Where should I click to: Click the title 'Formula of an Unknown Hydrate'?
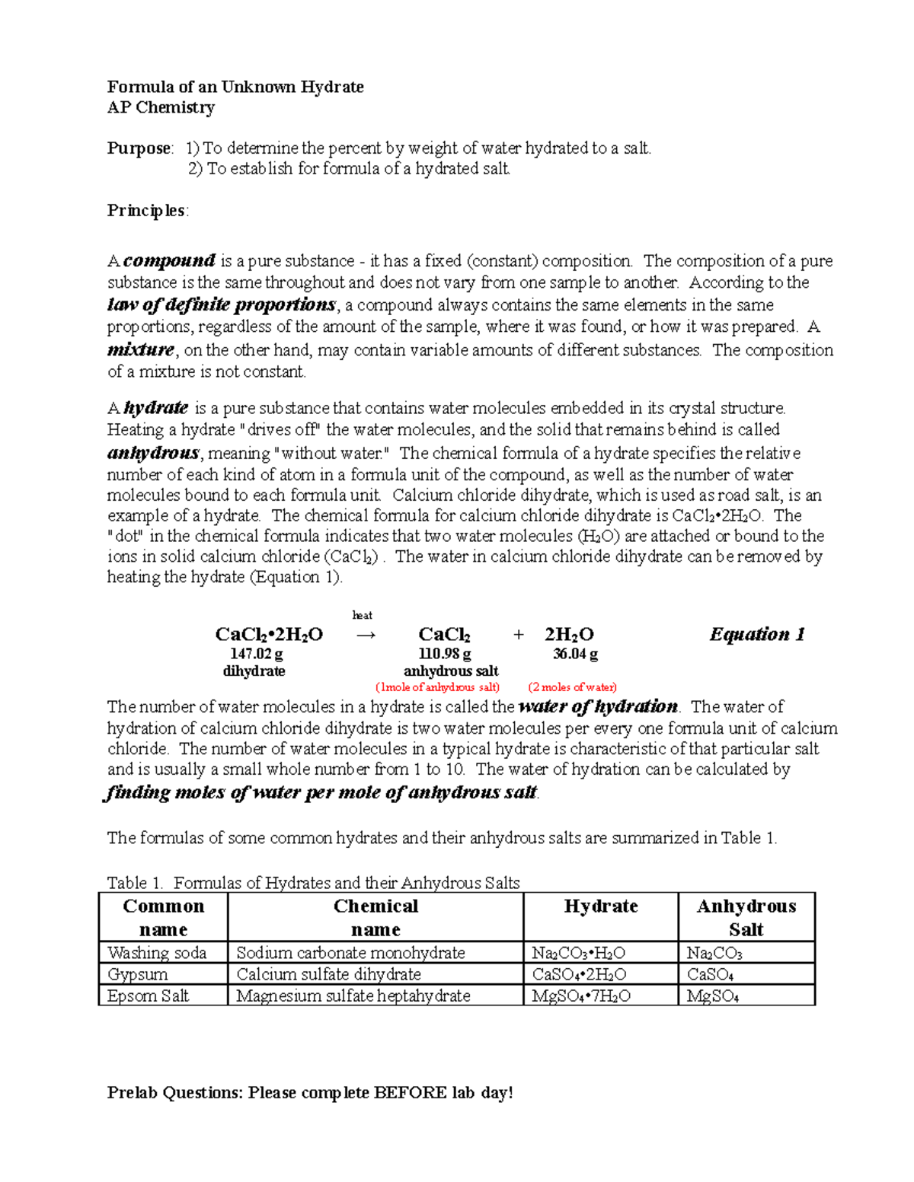(x=235, y=87)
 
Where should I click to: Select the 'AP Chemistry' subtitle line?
(x=161, y=107)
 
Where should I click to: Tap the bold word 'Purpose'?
(x=139, y=148)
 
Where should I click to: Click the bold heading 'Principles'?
(x=146, y=211)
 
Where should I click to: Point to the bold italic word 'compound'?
(x=170, y=261)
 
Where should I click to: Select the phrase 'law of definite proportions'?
(x=221, y=305)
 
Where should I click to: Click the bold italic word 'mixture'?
(x=141, y=350)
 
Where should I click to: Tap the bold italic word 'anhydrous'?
(x=153, y=453)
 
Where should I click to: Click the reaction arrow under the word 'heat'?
(x=366, y=635)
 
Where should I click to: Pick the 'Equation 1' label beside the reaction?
(x=757, y=635)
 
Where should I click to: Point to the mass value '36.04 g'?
(x=575, y=654)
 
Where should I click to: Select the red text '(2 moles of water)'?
(x=572, y=687)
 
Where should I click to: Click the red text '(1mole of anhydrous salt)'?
(x=438, y=687)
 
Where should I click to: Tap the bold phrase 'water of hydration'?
(x=597, y=706)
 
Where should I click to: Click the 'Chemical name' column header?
(x=376, y=917)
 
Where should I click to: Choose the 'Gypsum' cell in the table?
(x=138, y=974)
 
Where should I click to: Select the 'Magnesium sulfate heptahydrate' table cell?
(x=353, y=996)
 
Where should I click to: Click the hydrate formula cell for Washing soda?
(x=579, y=953)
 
